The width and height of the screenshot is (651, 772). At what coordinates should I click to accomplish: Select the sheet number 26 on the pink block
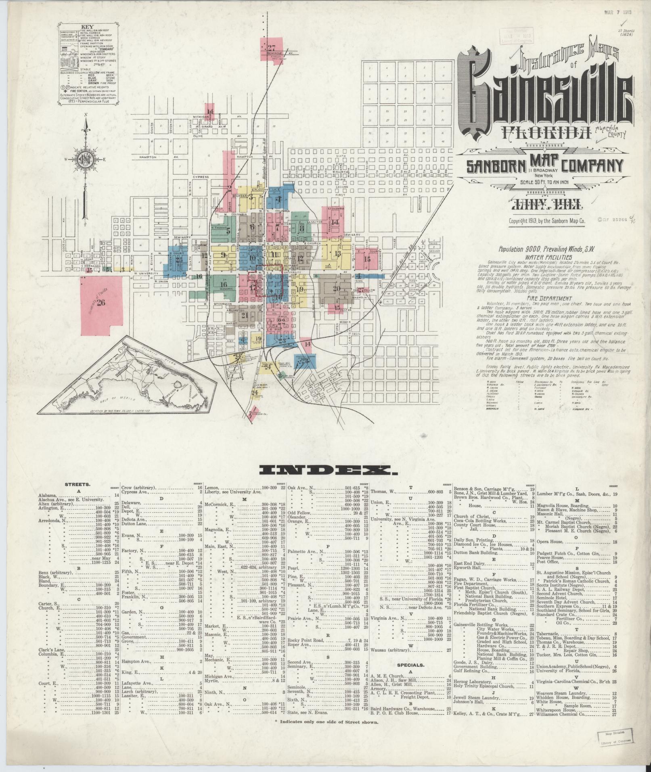100,303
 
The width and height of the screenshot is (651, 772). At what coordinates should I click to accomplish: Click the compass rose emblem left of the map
86,157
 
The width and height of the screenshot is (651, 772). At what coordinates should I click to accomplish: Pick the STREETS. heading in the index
77,484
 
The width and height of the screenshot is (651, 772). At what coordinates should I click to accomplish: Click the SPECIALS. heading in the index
410,664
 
